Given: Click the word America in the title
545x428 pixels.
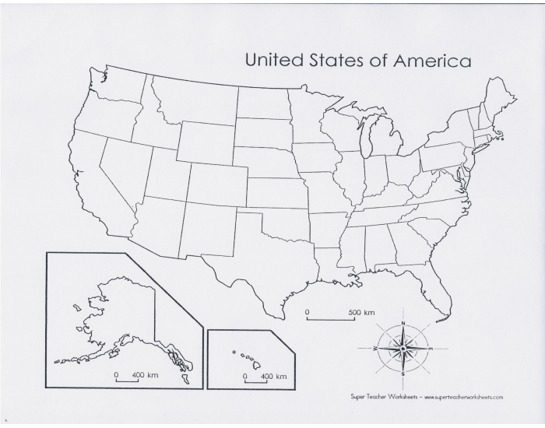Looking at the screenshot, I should [x=431, y=60].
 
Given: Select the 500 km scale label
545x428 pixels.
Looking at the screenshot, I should [x=361, y=313].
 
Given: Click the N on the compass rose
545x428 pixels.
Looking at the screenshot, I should [x=403, y=322].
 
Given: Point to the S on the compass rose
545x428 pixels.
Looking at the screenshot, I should [x=403, y=375].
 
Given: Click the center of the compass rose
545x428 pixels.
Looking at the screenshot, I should [x=403, y=349].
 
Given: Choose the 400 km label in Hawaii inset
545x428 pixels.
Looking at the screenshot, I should [x=273, y=377].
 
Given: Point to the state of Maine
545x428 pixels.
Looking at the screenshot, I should [x=498, y=101].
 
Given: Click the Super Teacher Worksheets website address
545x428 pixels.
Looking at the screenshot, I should [x=463, y=397].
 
